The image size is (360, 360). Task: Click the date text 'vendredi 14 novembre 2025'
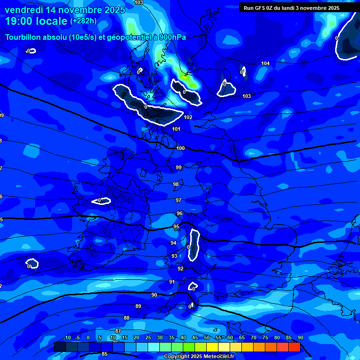coord(65,10)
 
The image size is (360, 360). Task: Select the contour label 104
coord(265,63)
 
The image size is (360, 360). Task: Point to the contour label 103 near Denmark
coord(247,96)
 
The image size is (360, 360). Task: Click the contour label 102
coord(188,117)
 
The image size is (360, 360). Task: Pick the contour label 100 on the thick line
coord(180,148)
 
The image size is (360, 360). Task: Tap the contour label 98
coord(176,184)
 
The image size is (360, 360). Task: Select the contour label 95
coord(176,226)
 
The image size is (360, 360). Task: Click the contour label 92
coord(180,269)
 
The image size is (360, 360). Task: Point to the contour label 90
coord(154,295)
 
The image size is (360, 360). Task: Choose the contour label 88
coord(127,318)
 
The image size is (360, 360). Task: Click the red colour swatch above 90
coord(294,347)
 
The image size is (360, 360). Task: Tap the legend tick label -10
coord(67,337)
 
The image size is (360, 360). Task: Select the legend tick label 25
coord(148,337)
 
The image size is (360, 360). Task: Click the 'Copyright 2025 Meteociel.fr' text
coord(199,356)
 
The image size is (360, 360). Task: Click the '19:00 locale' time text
coord(36,21)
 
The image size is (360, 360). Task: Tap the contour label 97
coord(179,200)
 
